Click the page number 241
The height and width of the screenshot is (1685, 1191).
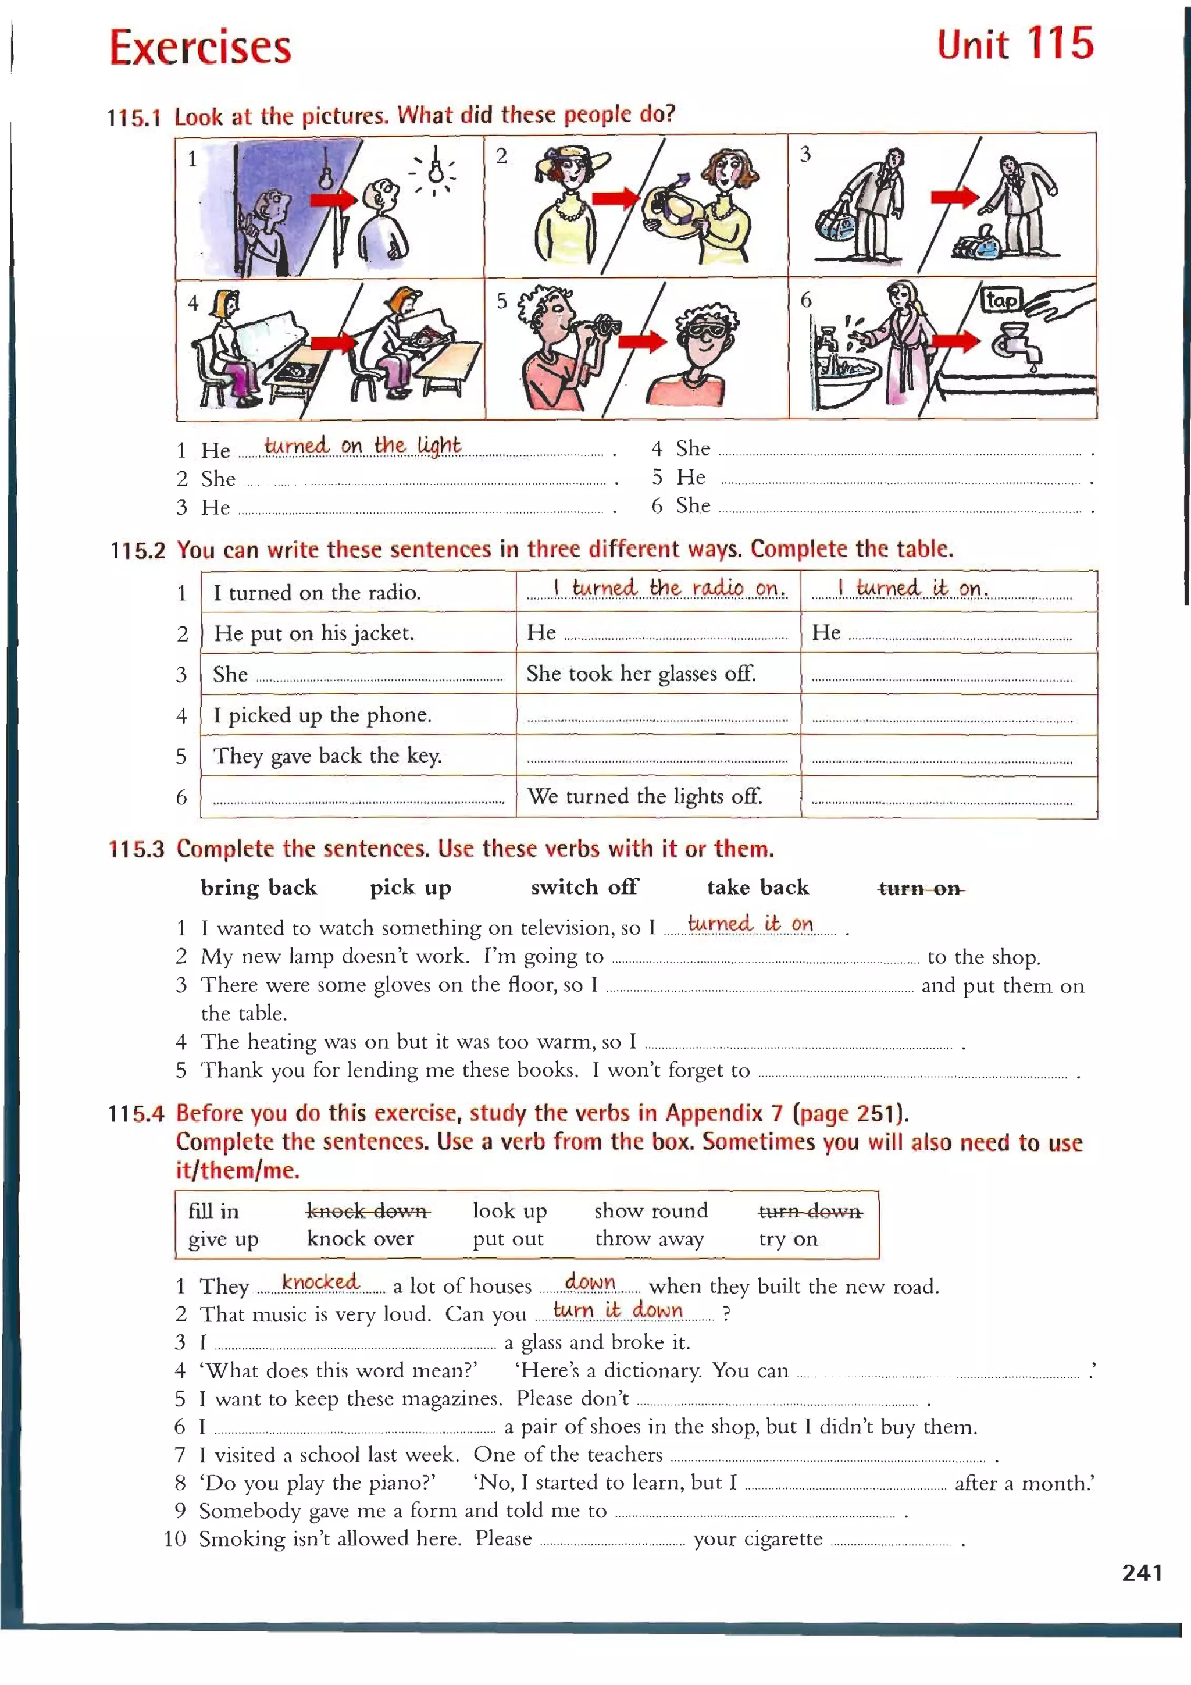(x=1141, y=1573)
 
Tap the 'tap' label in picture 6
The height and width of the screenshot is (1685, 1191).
(x=1001, y=300)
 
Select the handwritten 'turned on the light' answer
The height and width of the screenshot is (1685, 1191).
(x=362, y=446)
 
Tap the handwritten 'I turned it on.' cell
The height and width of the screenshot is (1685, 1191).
(x=914, y=589)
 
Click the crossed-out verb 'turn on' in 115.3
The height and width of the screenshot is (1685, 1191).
(x=920, y=889)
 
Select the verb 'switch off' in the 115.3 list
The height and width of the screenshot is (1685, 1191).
(x=584, y=887)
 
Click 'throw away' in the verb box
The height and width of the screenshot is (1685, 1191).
(x=648, y=1239)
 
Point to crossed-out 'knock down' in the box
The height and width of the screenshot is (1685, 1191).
(x=368, y=1211)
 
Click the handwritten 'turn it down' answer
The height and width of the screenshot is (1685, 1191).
(x=617, y=1310)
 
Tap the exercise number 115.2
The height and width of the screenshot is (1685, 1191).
(x=137, y=550)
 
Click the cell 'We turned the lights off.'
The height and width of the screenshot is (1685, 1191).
(x=644, y=796)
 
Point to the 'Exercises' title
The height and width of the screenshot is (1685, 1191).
(x=200, y=47)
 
